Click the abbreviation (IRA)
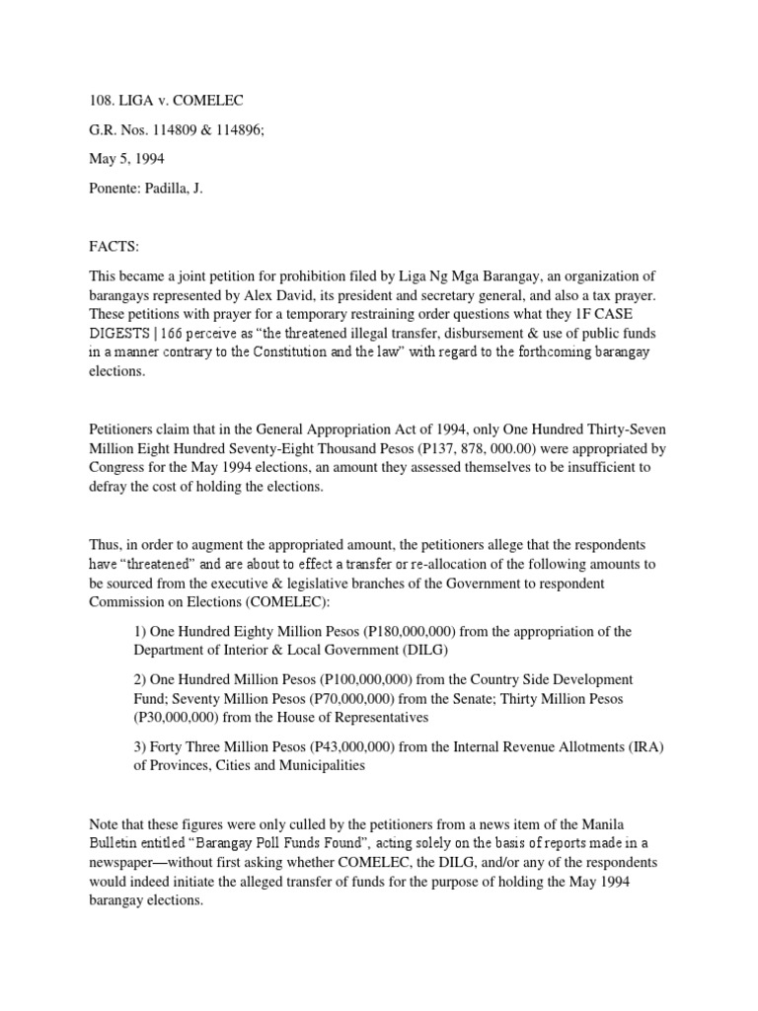[x=645, y=746]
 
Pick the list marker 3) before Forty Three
[x=140, y=746]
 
